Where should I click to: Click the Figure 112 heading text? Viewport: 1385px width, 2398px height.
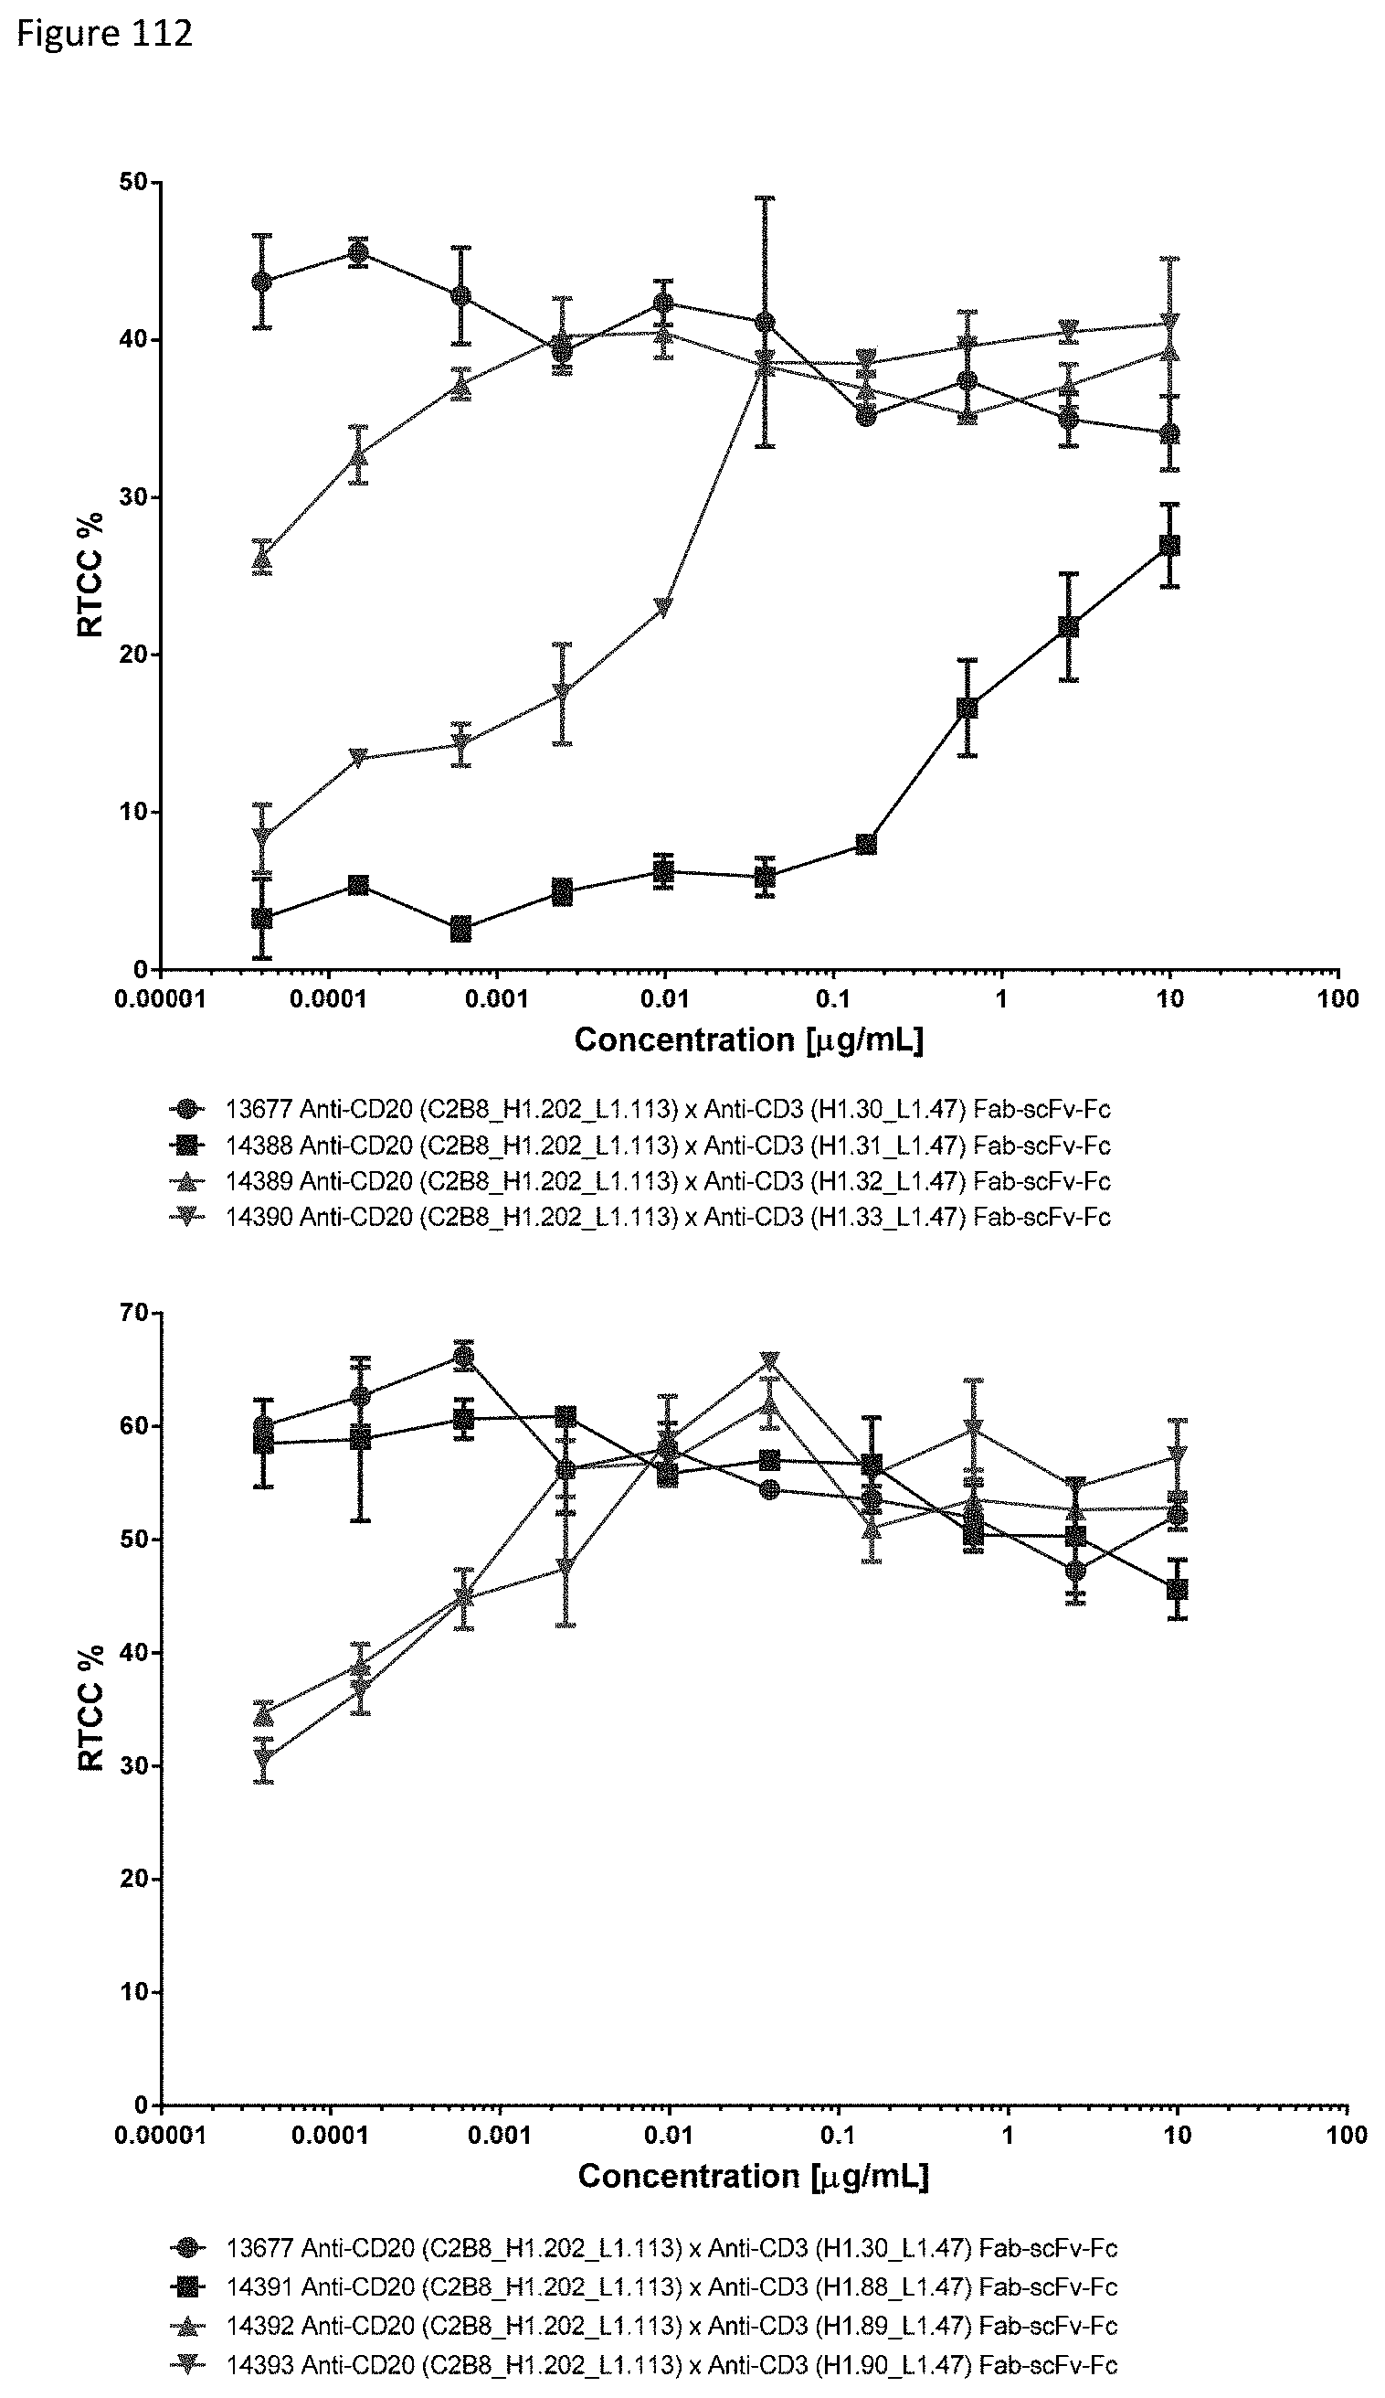105,34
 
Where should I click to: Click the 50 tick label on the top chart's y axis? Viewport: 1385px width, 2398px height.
133,183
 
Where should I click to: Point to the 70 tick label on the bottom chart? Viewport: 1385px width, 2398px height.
134,1314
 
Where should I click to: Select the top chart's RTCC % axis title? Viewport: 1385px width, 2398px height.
91,575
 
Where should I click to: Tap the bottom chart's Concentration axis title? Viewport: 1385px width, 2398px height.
753,2175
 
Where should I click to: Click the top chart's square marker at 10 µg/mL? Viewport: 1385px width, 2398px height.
1170,545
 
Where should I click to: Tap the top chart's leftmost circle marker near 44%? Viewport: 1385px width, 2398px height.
262,282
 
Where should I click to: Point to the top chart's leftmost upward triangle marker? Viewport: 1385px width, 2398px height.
262,559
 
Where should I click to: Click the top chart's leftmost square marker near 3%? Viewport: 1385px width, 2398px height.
262,918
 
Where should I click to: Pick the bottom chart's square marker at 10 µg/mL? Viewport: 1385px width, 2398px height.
1177,1589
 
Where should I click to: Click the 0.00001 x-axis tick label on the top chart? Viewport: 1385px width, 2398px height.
160,999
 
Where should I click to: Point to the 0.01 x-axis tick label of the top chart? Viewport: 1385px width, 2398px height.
664,999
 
